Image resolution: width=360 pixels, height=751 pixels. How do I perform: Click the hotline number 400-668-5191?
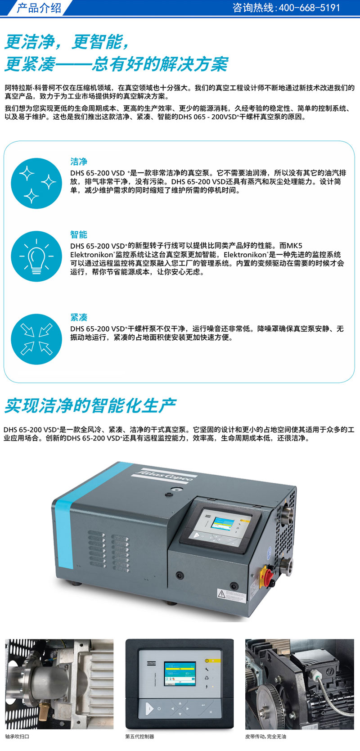click(x=310, y=8)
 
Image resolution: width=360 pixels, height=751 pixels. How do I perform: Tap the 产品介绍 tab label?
click(x=39, y=8)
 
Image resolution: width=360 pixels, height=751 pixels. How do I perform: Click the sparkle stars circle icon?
click(x=36, y=184)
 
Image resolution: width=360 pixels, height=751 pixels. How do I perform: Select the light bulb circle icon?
click(x=36, y=256)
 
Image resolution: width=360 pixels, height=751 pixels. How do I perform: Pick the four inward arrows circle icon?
click(x=36, y=339)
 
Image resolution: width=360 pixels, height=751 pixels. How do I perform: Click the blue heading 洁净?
click(x=79, y=162)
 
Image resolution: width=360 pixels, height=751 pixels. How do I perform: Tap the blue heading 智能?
click(x=79, y=234)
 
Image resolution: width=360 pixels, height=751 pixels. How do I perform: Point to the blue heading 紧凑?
click(x=79, y=317)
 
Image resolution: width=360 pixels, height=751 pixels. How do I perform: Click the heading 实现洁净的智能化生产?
click(x=90, y=406)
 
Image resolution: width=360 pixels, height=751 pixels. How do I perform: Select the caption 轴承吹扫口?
click(x=17, y=737)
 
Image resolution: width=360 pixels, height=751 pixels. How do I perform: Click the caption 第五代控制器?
click(x=140, y=737)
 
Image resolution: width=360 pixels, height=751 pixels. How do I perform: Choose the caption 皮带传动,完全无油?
click(x=266, y=737)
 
